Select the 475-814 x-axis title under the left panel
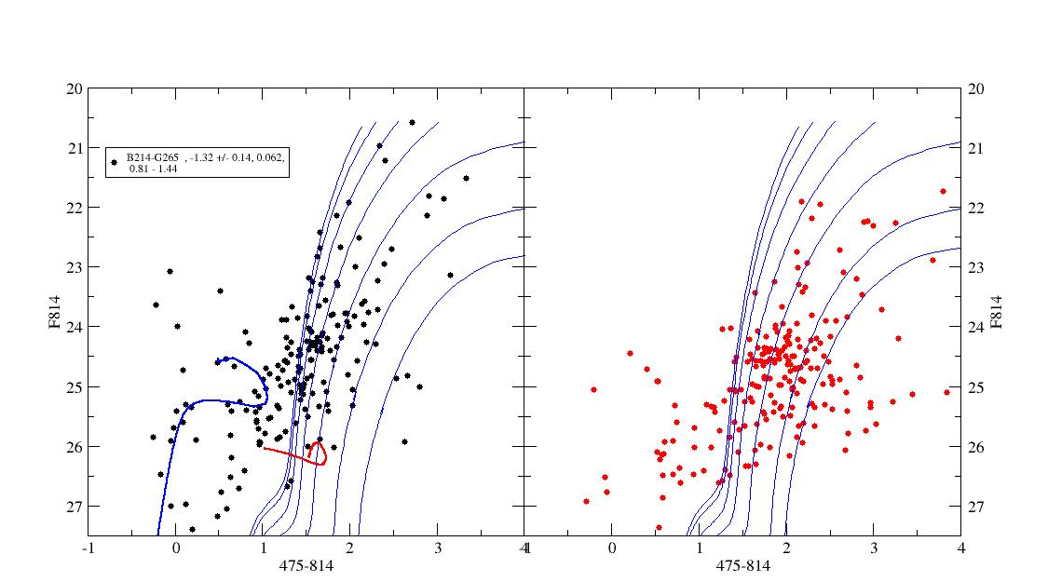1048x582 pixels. [x=305, y=564]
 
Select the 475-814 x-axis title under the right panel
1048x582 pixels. [x=742, y=564]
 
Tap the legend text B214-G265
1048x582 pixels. [x=153, y=158]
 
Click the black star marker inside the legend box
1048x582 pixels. [x=115, y=163]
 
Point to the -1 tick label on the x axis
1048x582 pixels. [x=88, y=548]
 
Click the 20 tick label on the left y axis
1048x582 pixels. [x=75, y=88]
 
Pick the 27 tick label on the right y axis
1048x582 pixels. [x=977, y=507]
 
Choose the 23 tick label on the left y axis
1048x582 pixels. [x=75, y=267]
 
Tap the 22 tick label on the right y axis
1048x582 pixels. [x=977, y=208]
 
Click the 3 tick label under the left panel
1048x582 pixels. [x=437, y=548]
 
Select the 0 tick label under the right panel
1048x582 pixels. [x=612, y=548]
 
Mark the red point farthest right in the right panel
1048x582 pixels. [x=946, y=392]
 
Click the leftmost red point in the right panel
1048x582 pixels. [x=586, y=501]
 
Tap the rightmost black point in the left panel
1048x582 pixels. [x=466, y=178]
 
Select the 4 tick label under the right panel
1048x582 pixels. [x=960, y=548]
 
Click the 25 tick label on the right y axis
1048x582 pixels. [x=977, y=386]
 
